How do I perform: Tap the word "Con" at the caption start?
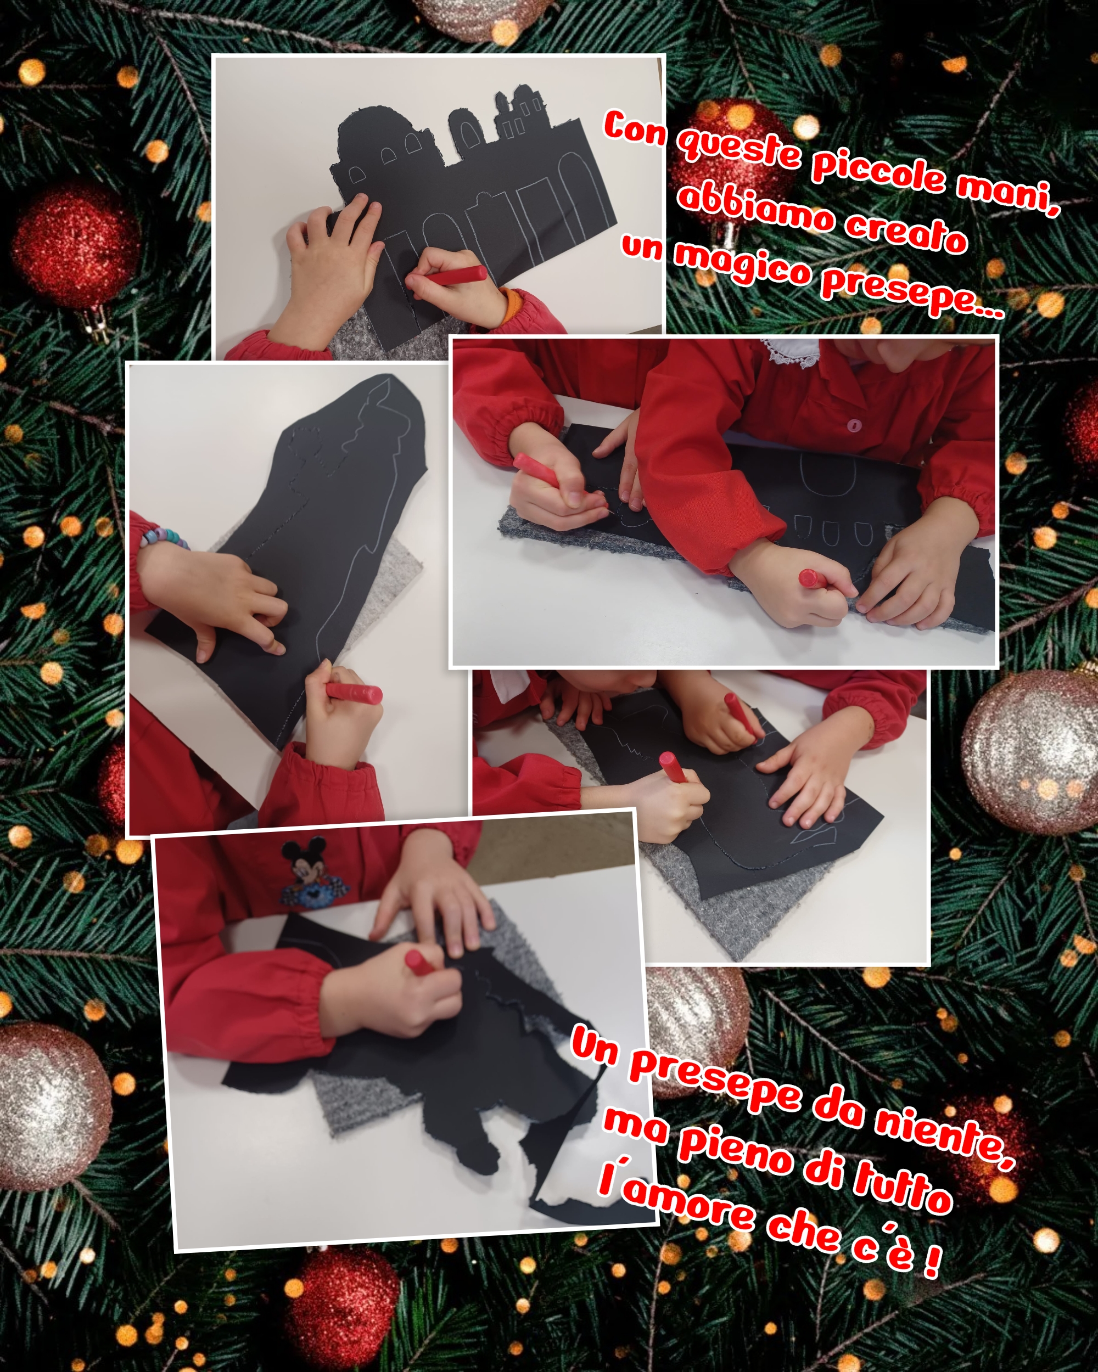click(x=635, y=127)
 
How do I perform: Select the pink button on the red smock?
click(x=854, y=424)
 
